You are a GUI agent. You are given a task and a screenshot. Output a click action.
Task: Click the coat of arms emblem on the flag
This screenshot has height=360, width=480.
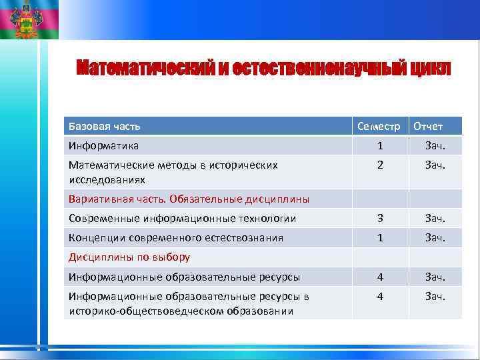[x=25, y=19]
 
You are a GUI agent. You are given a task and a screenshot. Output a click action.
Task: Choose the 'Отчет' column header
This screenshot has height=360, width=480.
[x=428, y=126]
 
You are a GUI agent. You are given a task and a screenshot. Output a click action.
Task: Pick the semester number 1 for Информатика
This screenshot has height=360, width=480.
[x=379, y=145]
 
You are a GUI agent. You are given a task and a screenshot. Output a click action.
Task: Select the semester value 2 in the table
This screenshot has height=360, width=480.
[x=379, y=165]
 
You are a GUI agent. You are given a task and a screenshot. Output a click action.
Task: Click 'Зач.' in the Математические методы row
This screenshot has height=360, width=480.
[x=435, y=165]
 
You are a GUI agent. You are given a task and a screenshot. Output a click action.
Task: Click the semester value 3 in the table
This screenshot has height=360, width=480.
[x=379, y=218]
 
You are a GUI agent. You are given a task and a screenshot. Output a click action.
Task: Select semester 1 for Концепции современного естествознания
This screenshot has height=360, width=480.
[x=379, y=237]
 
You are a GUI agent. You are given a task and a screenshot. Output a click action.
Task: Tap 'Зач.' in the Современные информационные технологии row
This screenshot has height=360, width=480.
[x=435, y=218]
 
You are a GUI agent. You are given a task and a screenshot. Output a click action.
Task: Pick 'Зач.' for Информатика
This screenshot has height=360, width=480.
[x=435, y=145]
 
